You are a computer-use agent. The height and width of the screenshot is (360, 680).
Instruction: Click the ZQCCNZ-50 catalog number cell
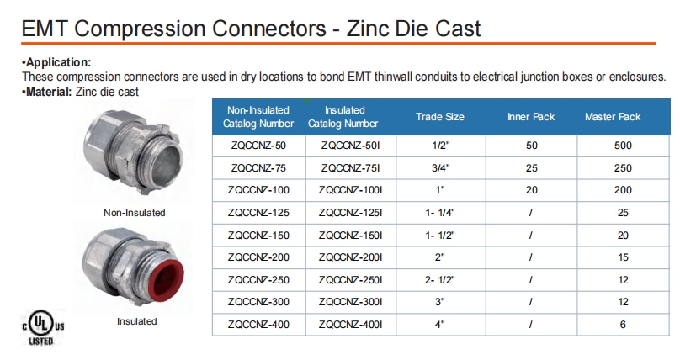[x=258, y=146]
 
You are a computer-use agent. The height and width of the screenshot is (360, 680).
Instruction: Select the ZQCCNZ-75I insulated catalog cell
[x=350, y=168]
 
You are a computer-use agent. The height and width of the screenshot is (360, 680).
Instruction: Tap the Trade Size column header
[x=440, y=117]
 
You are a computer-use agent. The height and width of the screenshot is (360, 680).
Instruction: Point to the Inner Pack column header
[x=531, y=117]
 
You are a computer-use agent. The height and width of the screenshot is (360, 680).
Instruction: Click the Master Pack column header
[x=613, y=117]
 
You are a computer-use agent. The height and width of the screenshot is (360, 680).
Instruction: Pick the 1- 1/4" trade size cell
[x=440, y=213]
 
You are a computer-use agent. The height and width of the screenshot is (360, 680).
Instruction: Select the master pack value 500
[x=623, y=146]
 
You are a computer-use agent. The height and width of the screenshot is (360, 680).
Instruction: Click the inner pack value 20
[x=532, y=190]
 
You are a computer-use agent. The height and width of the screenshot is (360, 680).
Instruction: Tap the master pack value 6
[x=623, y=325]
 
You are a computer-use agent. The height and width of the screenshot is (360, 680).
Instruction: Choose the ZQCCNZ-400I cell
[x=350, y=325]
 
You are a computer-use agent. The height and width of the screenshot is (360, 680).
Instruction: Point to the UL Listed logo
[x=42, y=327]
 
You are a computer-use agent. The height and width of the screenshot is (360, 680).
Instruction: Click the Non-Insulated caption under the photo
[x=135, y=213]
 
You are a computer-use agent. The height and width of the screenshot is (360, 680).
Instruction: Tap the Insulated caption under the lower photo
[x=136, y=321]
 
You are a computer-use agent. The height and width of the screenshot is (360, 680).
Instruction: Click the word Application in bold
[x=58, y=62]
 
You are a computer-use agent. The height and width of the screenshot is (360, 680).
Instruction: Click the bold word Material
[x=47, y=92]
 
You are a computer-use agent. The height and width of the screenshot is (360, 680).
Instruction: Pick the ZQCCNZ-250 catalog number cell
[x=258, y=280]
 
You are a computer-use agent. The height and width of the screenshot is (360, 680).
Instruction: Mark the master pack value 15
[x=623, y=257]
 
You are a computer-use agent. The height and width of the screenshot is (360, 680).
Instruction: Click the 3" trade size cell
[x=440, y=302]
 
